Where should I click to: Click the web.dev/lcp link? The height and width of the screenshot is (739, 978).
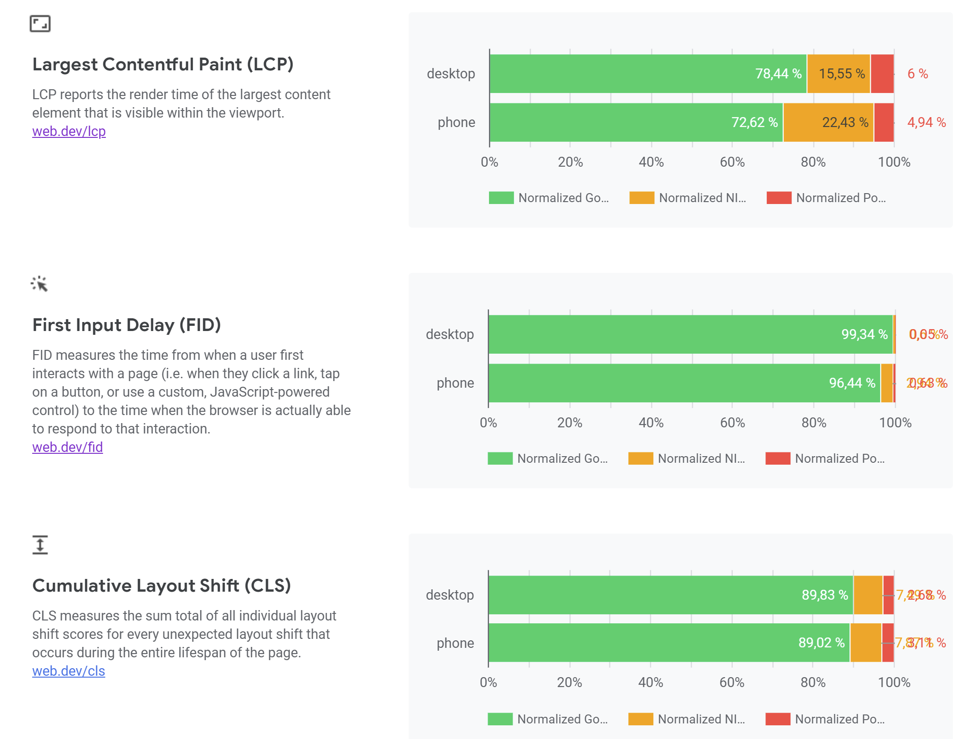tap(69, 131)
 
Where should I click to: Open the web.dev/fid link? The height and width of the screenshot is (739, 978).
tap(68, 447)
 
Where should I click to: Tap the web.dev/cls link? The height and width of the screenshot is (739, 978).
tap(69, 671)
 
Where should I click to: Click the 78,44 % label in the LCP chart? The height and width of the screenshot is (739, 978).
tap(778, 74)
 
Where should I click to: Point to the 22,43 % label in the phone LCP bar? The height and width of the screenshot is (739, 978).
tap(845, 122)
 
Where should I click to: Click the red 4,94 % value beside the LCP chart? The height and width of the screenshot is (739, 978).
tap(926, 122)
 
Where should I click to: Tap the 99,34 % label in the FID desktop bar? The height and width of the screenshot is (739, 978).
tap(864, 334)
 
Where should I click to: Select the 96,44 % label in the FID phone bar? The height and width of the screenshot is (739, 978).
tap(852, 383)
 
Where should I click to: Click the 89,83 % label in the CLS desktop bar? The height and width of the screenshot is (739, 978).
tap(824, 595)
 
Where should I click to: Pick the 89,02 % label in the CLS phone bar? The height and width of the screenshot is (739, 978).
tap(821, 643)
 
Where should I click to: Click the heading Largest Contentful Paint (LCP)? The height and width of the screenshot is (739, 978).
tap(163, 64)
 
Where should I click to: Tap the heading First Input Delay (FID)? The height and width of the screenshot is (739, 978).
tap(127, 325)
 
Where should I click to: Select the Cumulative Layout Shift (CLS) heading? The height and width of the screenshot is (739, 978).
tap(162, 586)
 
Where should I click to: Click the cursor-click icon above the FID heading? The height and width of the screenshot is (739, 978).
tap(40, 284)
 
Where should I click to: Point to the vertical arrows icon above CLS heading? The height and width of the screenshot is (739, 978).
tap(40, 544)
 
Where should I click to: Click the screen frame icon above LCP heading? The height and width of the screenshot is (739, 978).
tap(40, 24)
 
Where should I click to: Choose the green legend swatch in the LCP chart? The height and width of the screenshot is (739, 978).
tap(501, 198)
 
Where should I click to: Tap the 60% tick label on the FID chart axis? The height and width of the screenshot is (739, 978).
tap(732, 423)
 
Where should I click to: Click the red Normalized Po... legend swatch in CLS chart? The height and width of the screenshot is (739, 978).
tap(778, 719)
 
